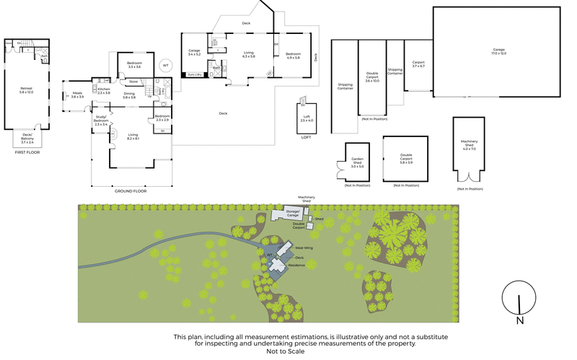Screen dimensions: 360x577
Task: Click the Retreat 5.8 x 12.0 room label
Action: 26,91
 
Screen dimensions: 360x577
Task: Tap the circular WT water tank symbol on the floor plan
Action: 166,65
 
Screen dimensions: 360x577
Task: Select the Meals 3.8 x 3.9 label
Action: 77,95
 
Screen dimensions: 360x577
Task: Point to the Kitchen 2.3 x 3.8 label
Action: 103,90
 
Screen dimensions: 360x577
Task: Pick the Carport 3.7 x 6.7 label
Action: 418,63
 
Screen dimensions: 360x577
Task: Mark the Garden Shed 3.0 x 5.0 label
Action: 357,164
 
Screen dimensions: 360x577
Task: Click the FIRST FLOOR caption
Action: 26,153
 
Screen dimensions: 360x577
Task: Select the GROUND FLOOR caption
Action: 131,190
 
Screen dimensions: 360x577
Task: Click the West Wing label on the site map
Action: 304,248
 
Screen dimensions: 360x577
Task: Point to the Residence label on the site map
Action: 297,265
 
